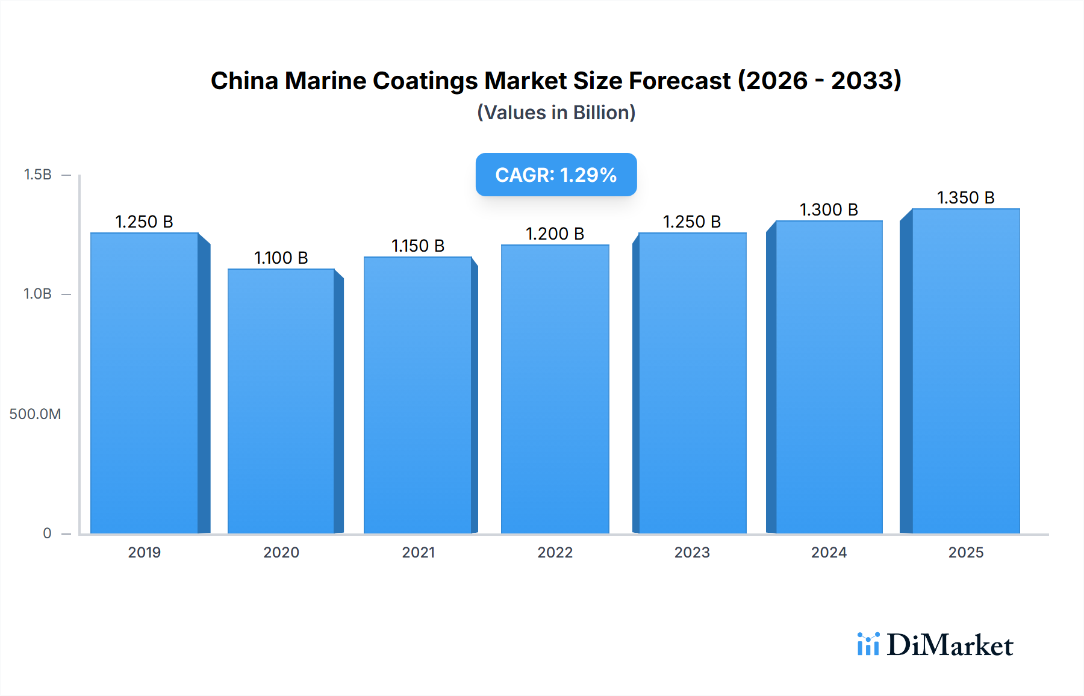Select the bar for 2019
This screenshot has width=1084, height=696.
[145, 383]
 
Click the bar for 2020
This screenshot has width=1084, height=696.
[281, 401]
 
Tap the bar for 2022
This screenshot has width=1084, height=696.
[555, 389]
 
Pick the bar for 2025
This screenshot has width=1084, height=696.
[966, 371]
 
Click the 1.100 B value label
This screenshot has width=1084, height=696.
[281, 258]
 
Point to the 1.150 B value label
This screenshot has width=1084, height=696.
[418, 246]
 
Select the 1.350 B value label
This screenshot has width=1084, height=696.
[966, 197]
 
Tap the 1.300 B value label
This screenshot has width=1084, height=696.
[829, 210]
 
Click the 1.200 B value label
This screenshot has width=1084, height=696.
[555, 234]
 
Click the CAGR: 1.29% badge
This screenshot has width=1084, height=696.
[556, 175]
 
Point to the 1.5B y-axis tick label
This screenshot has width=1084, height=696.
[37, 175]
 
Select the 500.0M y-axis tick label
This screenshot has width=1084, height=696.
[35, 414]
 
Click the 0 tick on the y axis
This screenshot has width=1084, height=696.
[47, 533]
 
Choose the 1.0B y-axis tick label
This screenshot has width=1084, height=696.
[37, 294]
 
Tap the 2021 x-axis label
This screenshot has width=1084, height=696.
[419, 552]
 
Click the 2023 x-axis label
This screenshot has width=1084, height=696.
[692, 552]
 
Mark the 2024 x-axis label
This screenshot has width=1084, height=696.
[829, 552]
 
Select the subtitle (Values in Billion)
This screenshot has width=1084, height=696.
[556, 113]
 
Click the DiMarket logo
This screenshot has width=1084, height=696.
[935, 645]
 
